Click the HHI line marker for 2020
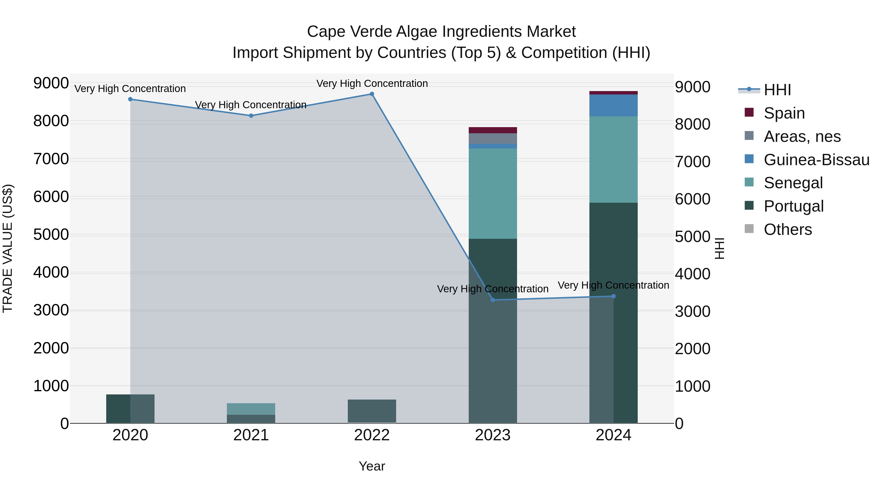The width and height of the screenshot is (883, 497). [130, 99]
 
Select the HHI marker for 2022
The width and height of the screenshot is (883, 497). [372, 94]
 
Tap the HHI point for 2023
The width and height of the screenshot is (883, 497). [493, 300]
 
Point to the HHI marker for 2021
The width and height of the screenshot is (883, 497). [251, 116]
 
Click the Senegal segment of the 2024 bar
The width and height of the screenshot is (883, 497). [614, 160]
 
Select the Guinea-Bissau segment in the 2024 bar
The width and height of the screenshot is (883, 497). [614, 105]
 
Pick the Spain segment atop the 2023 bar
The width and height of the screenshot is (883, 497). [493, 130]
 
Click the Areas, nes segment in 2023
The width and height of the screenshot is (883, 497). [493, 139]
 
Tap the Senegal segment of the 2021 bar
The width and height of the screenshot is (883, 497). [251, 409]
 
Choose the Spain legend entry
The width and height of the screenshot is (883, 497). [784, 113]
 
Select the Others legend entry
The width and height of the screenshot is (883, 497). [788, 229]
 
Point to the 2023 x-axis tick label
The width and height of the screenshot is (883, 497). [493, 435]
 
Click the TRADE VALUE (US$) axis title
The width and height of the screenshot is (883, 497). [8, 248]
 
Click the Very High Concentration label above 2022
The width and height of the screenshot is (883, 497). [372, 84]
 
